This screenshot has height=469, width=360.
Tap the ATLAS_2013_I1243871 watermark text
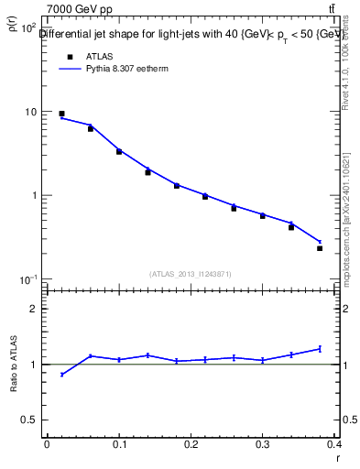(191, 274)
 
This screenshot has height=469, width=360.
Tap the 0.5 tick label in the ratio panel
(29, 420)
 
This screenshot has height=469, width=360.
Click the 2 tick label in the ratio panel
(34, 309)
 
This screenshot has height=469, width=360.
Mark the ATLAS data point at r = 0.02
(61, 114)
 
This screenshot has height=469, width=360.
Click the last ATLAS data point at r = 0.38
(320, 248)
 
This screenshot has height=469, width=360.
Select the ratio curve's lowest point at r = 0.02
(61, 375)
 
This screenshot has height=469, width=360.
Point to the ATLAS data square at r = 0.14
(147, 172)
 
